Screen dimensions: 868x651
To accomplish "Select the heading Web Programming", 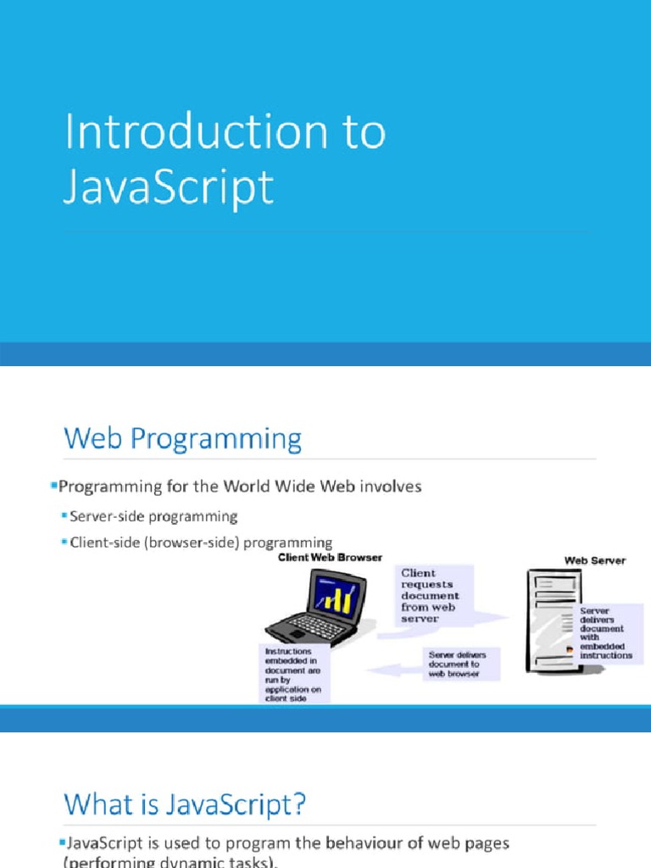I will pyautogui.click(x=182, y=440).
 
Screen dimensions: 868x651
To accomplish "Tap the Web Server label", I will pyautogui.click(x=595, y=560).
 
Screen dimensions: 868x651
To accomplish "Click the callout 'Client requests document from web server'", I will pyautogui.click(x=434, y=596).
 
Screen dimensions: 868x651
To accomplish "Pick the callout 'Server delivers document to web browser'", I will pyautogui.click(x=463, y=664).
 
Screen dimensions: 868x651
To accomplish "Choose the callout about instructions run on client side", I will pyautogui.click(x=293, y=674).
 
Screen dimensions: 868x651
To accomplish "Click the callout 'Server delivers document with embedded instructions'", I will pyautogui.click(x=605, y=632).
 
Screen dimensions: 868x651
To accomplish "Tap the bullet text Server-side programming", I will pyautogui.click(x=153, y=516).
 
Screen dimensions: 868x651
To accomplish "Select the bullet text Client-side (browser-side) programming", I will pyautogui.click(x=201, y=542).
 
